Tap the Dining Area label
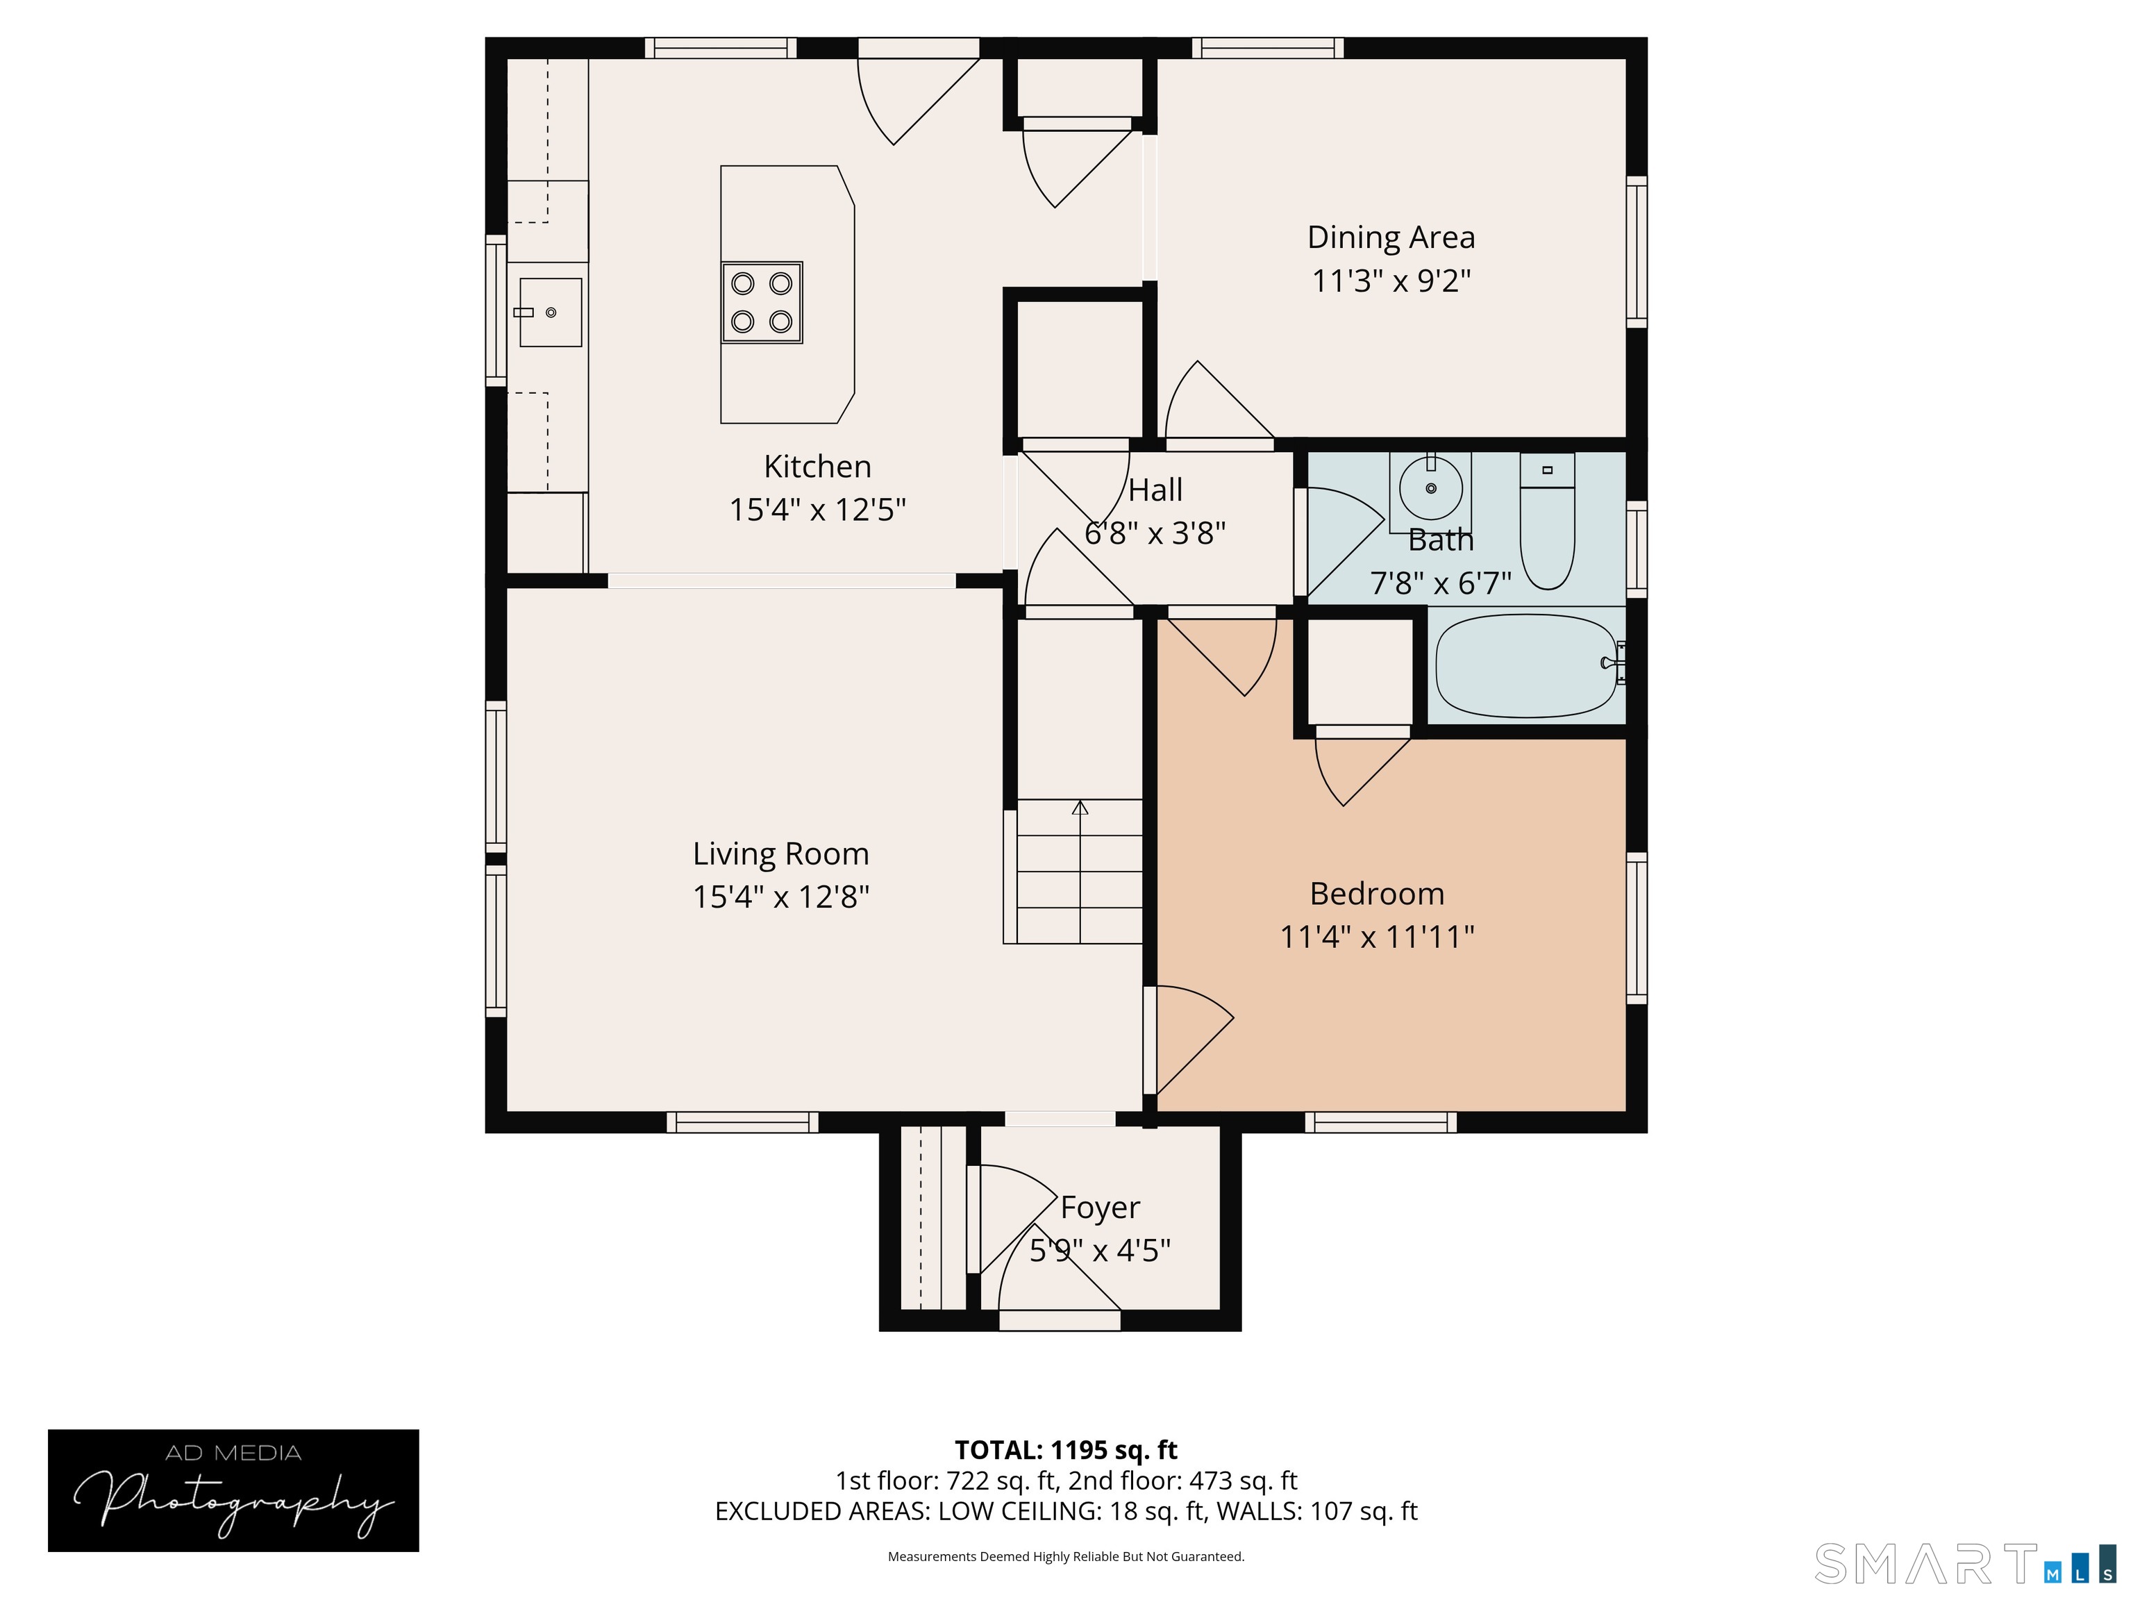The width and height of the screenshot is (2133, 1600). [x=1391, y=238]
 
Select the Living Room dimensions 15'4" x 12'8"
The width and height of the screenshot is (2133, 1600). [x=781, y=897]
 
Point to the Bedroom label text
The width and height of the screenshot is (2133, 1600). [x=1377, y=894]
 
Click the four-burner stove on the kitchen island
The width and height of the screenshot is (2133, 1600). [x=762, y=302]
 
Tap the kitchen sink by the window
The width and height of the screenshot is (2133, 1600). [x=551, y=312]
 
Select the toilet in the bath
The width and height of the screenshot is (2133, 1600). [x=1547, y=522]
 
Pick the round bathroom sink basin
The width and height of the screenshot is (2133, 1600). [x=1430, y=488]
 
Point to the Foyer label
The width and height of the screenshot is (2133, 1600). [x=1101, y=1208]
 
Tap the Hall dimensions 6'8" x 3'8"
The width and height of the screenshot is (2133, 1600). [x=1155, y=533]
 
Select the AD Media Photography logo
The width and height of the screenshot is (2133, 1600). [x=233, y=1490]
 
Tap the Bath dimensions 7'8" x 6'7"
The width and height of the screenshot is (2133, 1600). [x=1441, y=583]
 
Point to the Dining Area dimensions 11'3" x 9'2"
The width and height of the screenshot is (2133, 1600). [x=1391, y=281]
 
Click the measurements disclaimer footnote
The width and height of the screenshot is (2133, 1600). [x=1066, y=1557]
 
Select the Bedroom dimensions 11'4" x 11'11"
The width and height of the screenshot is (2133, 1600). [x=1377, y=937]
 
